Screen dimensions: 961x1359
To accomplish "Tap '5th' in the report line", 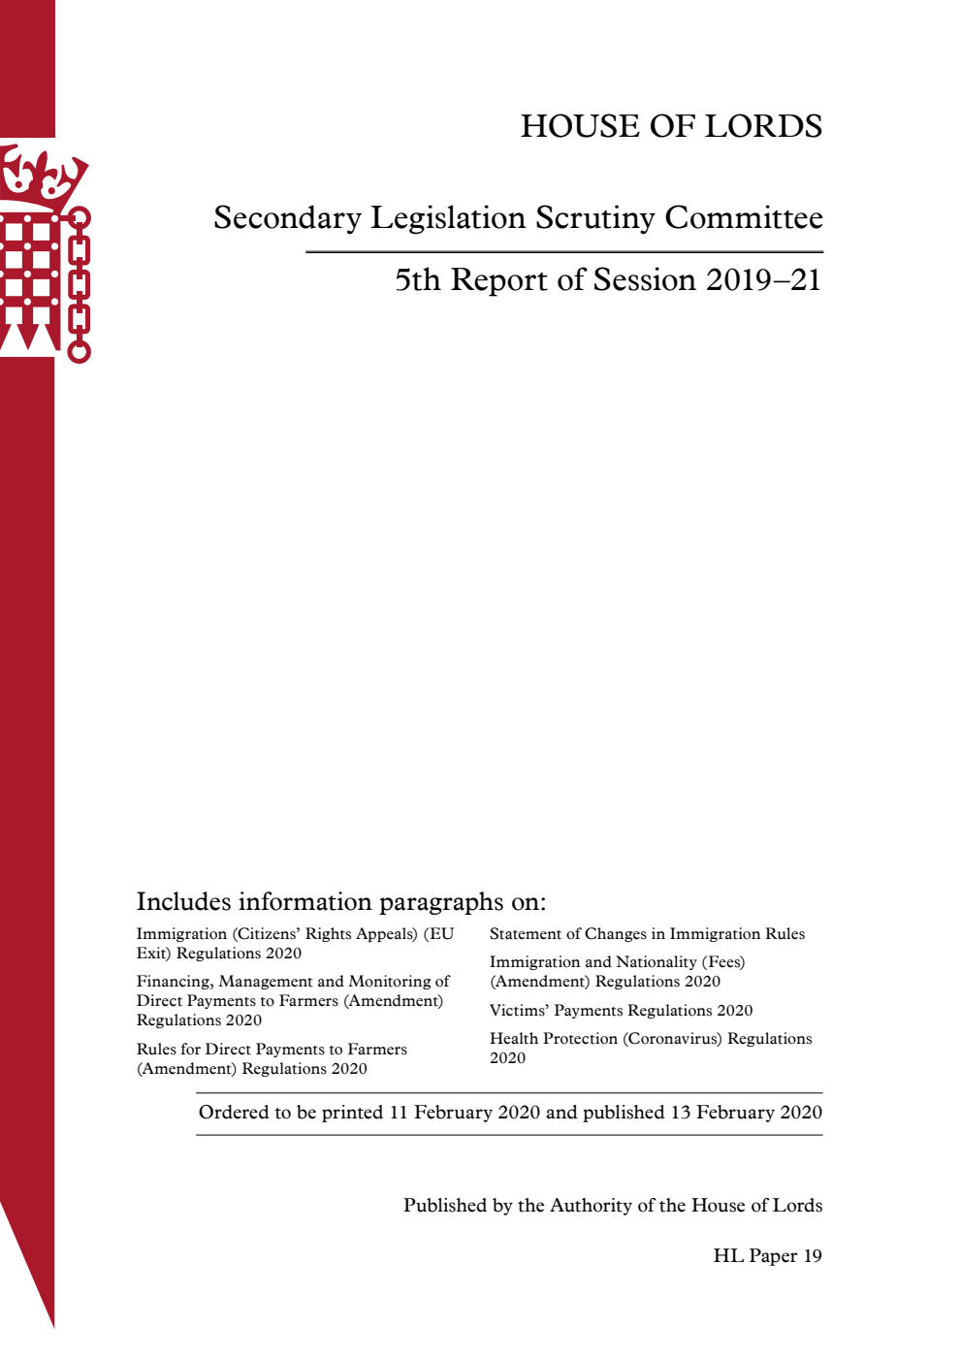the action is tap(417, 279).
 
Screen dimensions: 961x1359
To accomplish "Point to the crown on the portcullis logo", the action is tap(43, 175).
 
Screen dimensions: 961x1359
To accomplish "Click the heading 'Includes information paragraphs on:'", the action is tap(340, 902).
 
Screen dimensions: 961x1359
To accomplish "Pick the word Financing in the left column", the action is tap(176, 982).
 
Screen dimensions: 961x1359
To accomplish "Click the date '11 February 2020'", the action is tap(464, 1113).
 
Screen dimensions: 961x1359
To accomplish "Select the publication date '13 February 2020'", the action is tap(746, 1113).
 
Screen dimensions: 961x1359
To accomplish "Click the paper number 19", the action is tap(812, 1256).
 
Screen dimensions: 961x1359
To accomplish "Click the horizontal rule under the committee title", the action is tap(564, 252).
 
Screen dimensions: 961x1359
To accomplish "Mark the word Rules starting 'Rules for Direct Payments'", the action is tap(156, 1050).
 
